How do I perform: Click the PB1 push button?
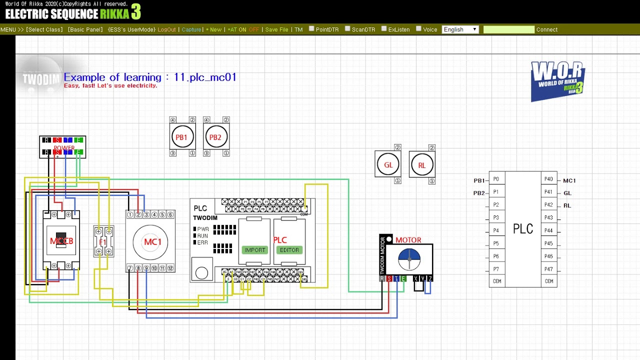pyautogui.click(x=181, y=137)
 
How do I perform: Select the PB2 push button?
pyautogui.click(x=215, y=137)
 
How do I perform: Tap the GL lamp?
pyautogui.click(x=388, y=164)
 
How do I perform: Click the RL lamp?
pyautogui.click(x=421, y=164)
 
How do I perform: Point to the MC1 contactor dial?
pyautogui.click(x=150, y=242)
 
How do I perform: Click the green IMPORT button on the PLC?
pyautogui.click(x=254, y=250)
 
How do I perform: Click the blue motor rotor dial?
pyautogui.click(x=409, y=258)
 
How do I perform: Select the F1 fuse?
pyautogui.click(x=103, y=242)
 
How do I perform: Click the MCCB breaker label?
pyautogui.click(x=61, y=241)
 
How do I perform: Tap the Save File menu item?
pyautogui.click(x=276, y=29)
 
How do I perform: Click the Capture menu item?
pyautogui.click(x=191, y=29)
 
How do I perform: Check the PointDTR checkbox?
pyautogui.click(x=311, y=29)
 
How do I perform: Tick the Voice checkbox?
pyautogui.click(x=419, y=29)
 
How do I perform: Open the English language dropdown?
pyautogui.click(x=460, y=29)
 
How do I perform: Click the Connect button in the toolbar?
pyautogui.click(x=546, y=29)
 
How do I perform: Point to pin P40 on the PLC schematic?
pyautogui.click(x=548, y=179)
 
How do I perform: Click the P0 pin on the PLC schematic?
pyautogui.click(x=496, y=179)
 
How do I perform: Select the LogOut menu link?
pyautogui.click(x=166, y=29)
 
